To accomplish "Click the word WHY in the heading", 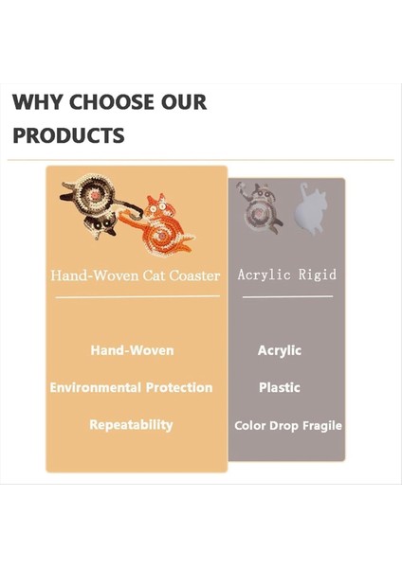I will click(33, 102).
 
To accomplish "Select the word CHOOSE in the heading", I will click(107, 102).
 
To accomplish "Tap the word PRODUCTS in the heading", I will click(68, 135).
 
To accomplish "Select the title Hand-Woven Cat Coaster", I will click(136, 275).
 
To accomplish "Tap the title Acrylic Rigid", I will click(286, 275).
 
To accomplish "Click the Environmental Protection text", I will click(131, 388).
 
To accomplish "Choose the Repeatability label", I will click(131, 425).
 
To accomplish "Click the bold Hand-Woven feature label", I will click(132, 350).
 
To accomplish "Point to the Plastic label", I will click(280, 388).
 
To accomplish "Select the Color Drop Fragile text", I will click(288, 426).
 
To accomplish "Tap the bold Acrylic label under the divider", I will click(280, 350).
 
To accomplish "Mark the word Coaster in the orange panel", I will click(195, 275).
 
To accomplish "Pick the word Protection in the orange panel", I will click(178, 388).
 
